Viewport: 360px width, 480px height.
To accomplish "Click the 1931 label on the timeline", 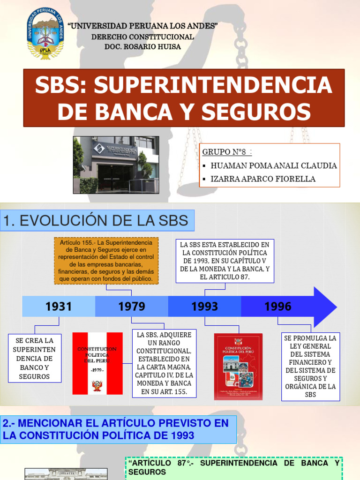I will [59, 307].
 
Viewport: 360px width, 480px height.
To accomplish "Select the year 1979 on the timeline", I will [132, 307].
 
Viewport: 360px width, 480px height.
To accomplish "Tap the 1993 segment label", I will [205, 307].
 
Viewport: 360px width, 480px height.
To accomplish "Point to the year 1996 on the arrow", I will [278, 307].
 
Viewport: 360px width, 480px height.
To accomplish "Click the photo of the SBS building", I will [116, 165].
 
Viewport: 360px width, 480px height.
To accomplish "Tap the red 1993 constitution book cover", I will [239, 366].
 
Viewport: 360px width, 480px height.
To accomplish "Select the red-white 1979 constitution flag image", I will [97, 363].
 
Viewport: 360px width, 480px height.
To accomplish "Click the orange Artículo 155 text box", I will [106, 261].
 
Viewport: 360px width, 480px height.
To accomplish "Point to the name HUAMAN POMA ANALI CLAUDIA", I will [274, 165].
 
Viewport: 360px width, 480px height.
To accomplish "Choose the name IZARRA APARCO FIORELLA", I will [263, 179].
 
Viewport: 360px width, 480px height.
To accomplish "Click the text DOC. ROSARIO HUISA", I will [142, 46].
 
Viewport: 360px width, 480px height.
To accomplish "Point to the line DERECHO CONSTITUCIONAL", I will [142, 37].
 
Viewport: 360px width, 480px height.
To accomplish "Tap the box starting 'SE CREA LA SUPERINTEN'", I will [34, 358].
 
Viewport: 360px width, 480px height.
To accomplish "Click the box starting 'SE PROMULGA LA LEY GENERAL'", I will [310, 366].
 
